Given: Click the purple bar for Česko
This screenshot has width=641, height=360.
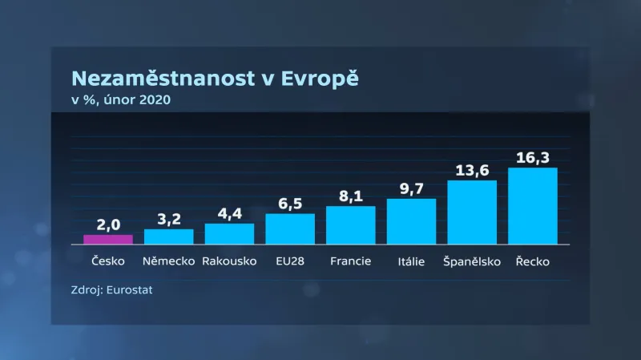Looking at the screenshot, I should coord(108,239).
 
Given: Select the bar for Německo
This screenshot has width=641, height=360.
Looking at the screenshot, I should coord(168,237).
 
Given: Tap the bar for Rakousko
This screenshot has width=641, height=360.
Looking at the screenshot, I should coord(229,233).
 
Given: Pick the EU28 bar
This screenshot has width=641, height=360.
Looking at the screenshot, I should coord(290,229).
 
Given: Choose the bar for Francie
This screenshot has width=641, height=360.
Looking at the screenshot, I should coord(351,225).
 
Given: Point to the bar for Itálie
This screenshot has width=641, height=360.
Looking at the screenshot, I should coord(411,221).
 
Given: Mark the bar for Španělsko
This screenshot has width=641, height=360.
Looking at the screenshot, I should coord(472,212).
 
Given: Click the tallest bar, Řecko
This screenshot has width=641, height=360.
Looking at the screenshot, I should coord(533,206).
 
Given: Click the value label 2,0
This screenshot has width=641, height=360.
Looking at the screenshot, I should coord(108,224).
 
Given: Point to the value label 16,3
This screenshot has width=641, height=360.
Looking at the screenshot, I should coord(533,157).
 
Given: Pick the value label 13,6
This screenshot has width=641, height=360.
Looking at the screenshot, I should coord(472,170).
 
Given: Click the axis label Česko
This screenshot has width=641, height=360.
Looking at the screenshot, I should coord(108,261).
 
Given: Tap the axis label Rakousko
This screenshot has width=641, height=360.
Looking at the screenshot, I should coord(229,261).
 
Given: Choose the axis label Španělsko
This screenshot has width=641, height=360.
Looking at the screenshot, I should coord(472,261).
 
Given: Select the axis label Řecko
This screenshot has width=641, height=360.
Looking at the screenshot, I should coord(533,261).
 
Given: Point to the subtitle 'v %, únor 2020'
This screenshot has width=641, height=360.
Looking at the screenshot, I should coord(120,99).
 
